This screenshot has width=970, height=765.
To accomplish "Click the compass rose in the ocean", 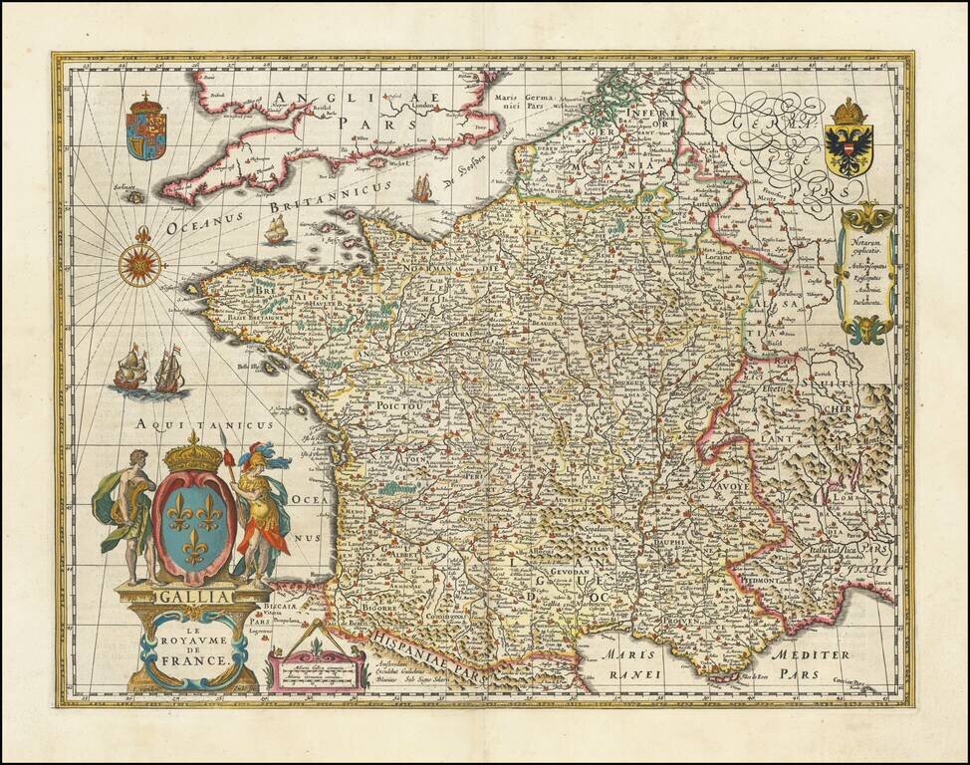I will (140, 264).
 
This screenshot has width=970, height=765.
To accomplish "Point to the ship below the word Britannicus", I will (277, 231).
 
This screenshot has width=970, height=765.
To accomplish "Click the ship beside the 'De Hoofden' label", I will (422, 187).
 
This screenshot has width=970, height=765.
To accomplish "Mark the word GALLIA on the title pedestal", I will (192, 597).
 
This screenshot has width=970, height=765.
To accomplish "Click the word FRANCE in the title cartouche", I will (201, 658).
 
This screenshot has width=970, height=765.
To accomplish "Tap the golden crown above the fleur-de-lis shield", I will (193, 455).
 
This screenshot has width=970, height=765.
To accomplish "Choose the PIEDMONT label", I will (759, 575).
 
